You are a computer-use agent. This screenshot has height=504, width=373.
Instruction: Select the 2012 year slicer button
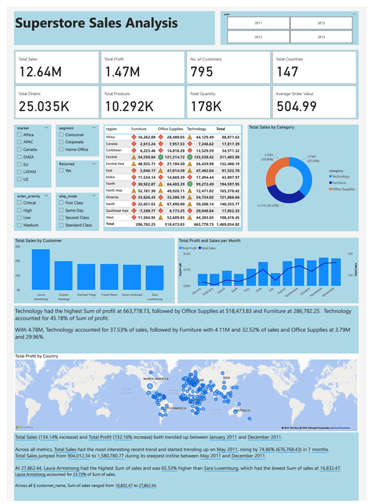[258, 36]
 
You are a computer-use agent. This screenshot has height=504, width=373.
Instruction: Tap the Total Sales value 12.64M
[39, 72]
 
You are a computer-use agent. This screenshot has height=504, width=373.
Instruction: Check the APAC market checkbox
[20, 142]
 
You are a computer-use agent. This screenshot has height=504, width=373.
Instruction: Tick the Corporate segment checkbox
[62, 142]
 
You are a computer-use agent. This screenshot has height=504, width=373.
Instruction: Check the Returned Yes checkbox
[62, 170]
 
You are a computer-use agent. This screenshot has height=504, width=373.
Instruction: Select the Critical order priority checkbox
[20, 203]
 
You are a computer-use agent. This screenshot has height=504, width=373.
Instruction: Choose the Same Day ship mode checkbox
[62, 210]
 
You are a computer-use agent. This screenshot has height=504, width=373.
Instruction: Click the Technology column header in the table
[196, 129]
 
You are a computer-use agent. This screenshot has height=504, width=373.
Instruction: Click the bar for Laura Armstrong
[41, 269]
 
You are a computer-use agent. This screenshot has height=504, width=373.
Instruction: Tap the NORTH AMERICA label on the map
[157, 379]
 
